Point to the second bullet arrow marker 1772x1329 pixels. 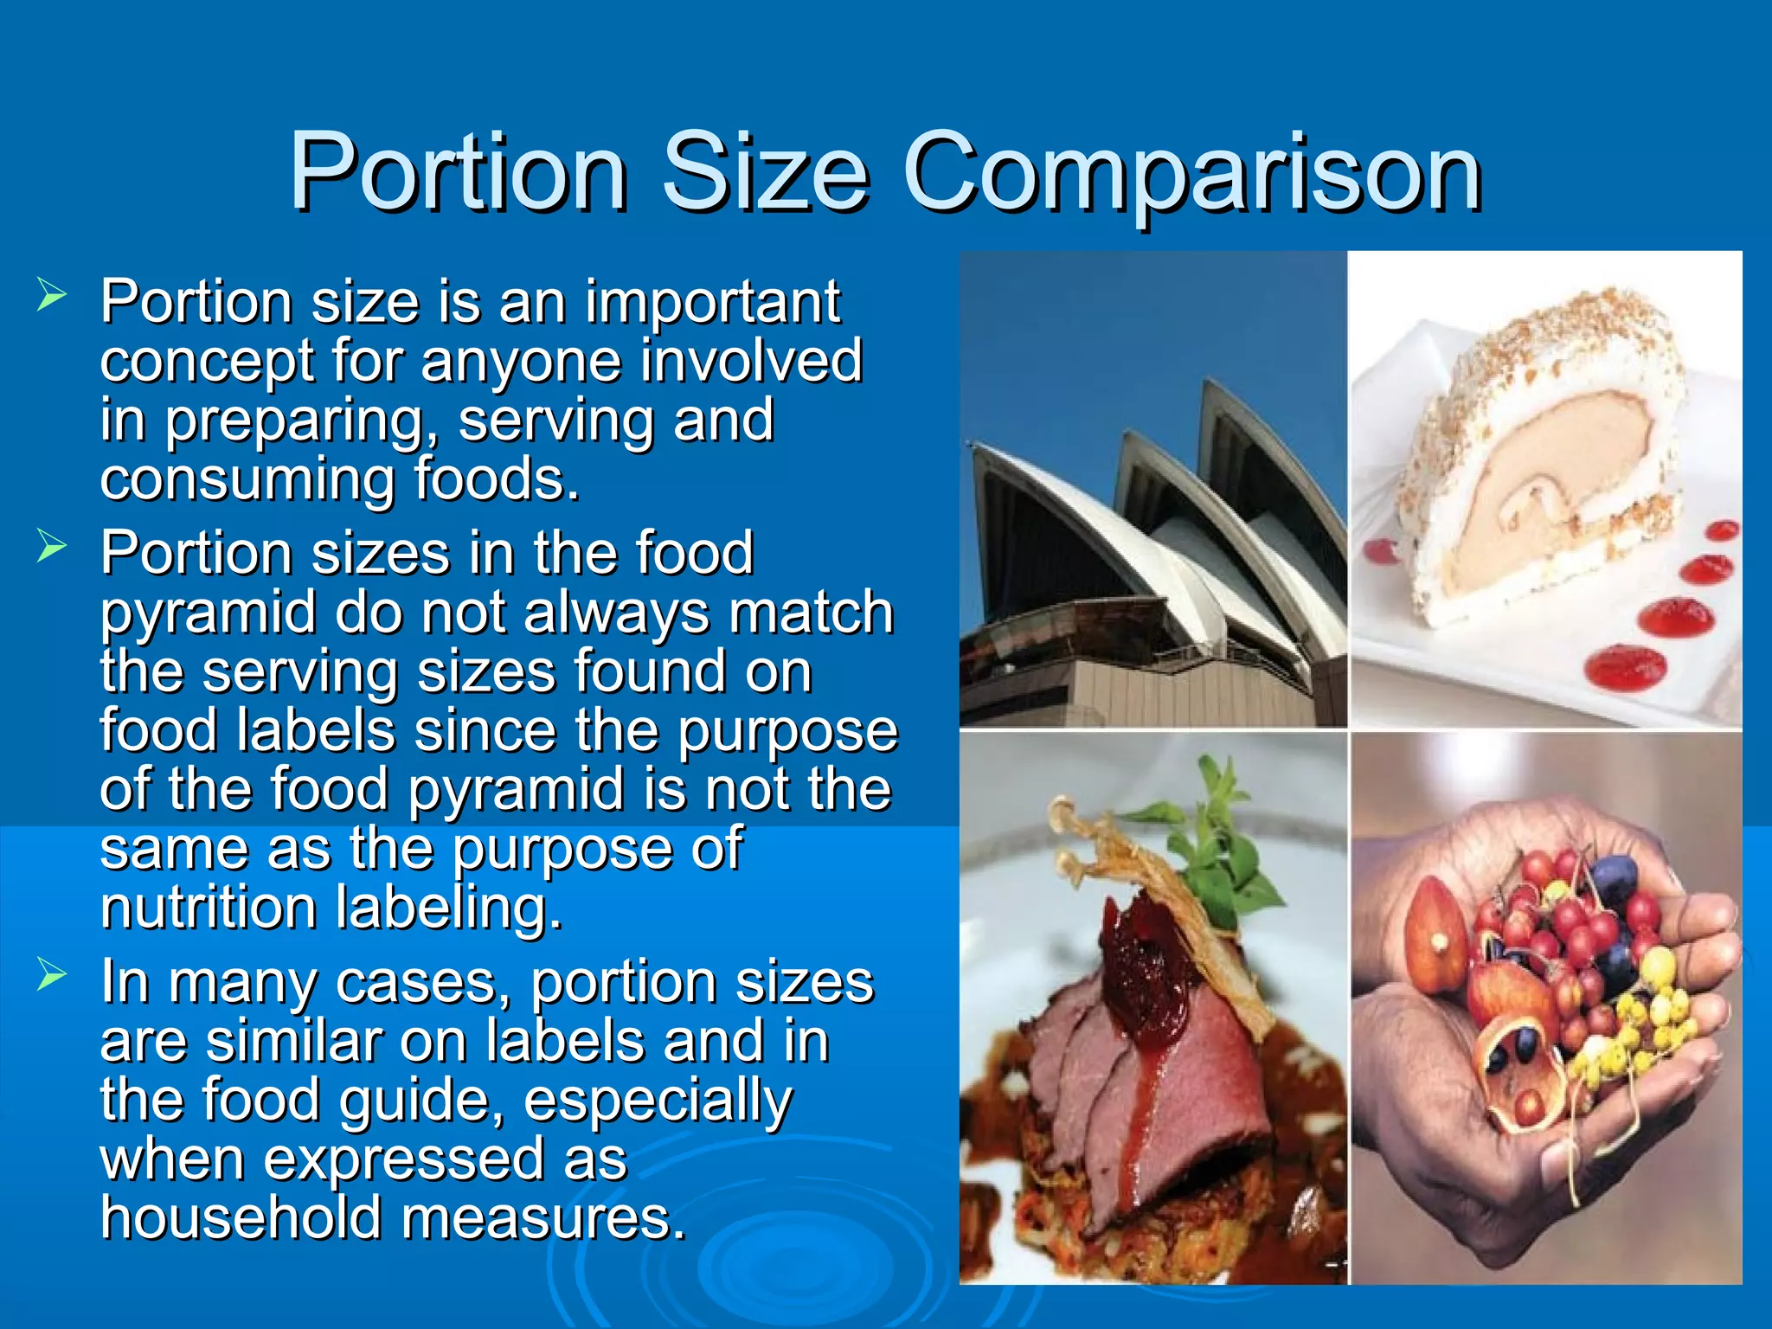pos(52,546)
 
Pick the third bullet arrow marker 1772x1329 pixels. pos(52,975)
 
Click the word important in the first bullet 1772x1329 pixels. pos(712,303)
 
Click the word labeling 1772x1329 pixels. pos(449,908)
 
